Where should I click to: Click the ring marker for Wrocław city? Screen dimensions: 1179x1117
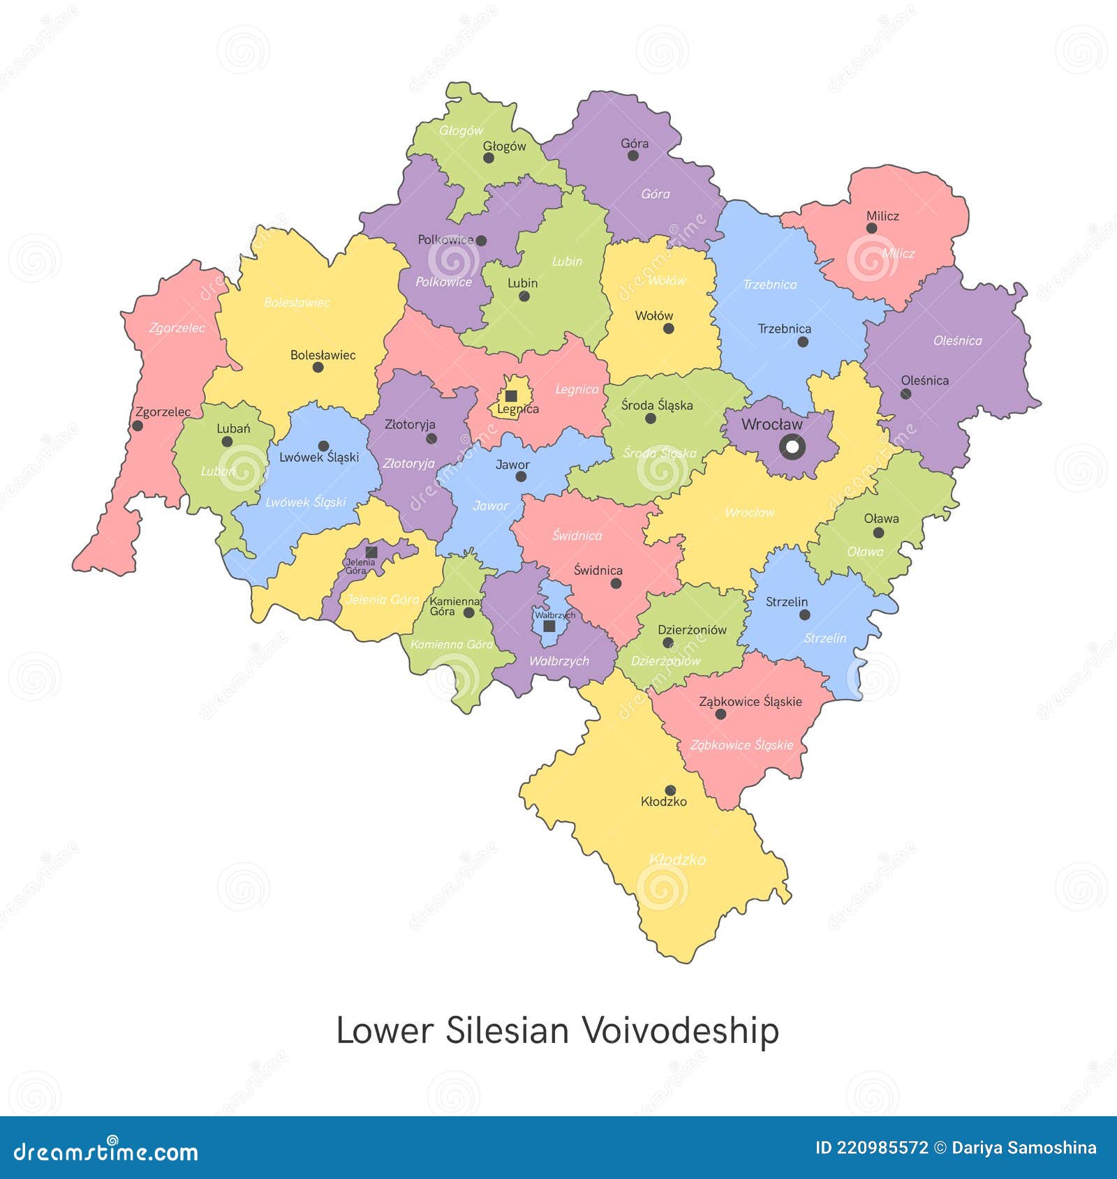[x=792, y=446]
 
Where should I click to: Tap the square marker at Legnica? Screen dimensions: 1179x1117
[x=511, y=396]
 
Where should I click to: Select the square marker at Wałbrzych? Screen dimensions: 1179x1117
[x=549, y=626]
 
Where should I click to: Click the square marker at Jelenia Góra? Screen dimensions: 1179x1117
[x=371, y=552]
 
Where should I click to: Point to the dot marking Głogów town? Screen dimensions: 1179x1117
[x=489, y=158]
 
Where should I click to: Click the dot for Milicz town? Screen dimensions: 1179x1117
[x=871, y=228]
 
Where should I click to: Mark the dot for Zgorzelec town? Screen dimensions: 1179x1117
[x=138, y=426]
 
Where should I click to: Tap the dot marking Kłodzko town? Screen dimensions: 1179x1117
[x=670, y=790]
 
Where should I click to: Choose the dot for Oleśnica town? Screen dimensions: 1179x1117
[x=905, y=393]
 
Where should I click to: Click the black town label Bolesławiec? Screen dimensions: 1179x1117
[x=323, y=355]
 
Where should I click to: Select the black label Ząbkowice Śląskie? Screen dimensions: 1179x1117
[x=750, y=702]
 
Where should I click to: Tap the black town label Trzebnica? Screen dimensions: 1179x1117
[x=785, y=329]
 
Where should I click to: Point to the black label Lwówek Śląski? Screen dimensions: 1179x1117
[x=319, y=458]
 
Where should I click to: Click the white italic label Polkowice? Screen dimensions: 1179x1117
[x=444, y=282]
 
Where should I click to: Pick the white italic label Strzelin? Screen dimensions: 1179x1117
[x=824, y=638]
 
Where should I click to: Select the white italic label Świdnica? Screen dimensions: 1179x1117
[x=577, y=536]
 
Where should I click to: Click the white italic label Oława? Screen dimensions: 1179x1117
[x=865, y=552]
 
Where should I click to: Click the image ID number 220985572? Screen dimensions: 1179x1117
[x=872, y=1148]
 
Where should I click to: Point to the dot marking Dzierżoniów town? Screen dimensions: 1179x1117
[x=667, y=643]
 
